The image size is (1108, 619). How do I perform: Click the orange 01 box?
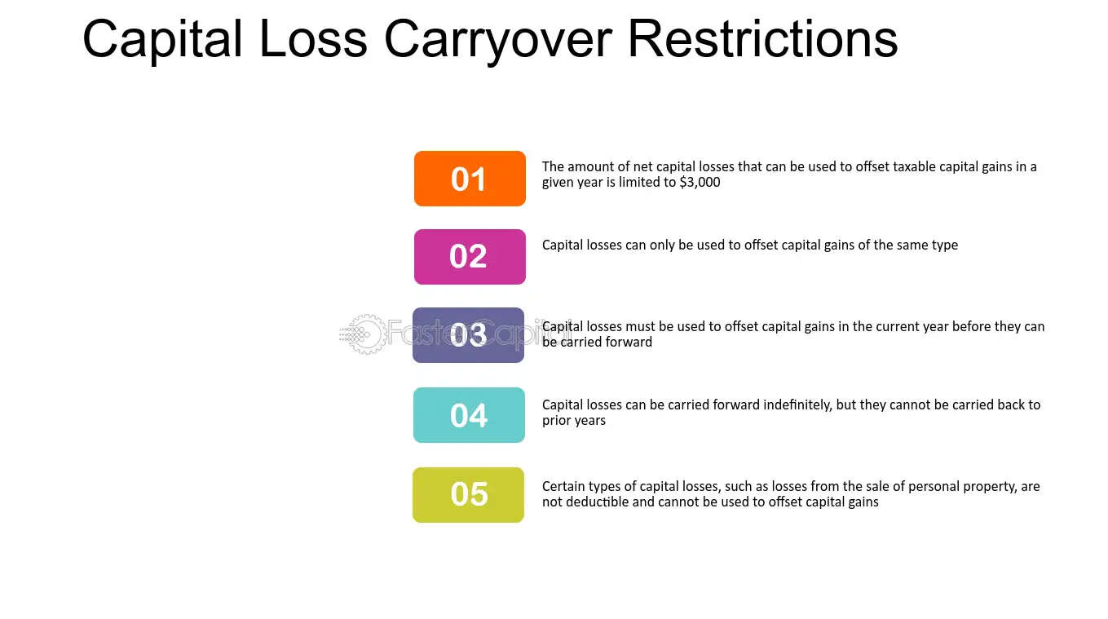click(x=470, y=179)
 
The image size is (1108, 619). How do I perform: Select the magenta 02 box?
click(x=470, y=257)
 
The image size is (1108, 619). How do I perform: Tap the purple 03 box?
click(x=468, y=335)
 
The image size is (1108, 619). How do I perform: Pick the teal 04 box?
click(x=469, y=415)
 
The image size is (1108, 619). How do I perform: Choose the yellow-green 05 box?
click(x=468, y=495)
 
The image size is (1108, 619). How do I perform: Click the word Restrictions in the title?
click(x=762, y=38)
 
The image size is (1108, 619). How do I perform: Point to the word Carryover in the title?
click(x=498, y=41)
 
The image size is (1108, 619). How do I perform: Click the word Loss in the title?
click(x=313, y=38)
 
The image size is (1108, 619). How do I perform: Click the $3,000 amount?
click(x=700, y=183)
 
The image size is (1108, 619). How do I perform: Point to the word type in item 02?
click(x=944, y=246)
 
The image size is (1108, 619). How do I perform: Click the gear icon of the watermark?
click(x=365, y=334)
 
